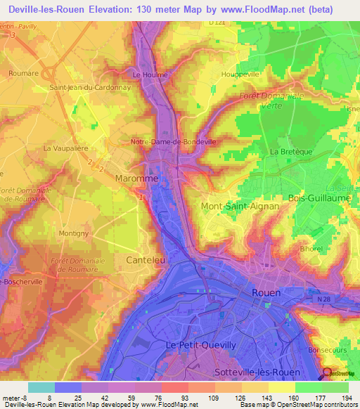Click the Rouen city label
(266, 292)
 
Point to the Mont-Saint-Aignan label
(240, 207)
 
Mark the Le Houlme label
(148, 74)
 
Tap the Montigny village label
(74, 233)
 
